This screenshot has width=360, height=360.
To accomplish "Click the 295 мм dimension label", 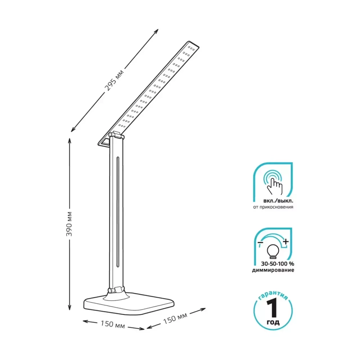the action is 114,80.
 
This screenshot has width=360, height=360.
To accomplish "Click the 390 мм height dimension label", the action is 69,224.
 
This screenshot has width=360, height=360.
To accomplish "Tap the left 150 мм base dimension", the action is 113,324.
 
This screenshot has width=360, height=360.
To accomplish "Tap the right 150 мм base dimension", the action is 175,318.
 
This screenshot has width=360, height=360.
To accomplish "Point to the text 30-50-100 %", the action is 277,264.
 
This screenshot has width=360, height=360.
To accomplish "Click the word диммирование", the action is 273,270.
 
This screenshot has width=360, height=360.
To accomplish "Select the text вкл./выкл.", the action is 278,201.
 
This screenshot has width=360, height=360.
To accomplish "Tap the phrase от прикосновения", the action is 273,207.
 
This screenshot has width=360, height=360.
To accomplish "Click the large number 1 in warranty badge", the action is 273,309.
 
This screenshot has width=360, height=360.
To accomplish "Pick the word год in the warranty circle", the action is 273,322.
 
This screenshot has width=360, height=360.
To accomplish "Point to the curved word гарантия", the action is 273,295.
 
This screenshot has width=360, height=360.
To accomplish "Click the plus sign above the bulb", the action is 285,242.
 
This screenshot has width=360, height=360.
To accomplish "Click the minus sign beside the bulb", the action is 260,242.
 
